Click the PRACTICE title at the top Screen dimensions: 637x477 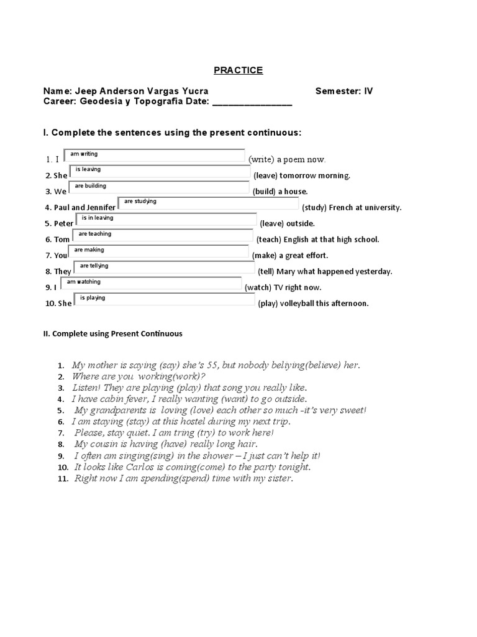[x=238, y=70]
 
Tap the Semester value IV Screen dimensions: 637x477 [x=368, y=91]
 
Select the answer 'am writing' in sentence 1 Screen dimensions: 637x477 [x=84, y=154]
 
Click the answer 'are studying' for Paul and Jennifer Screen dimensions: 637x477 [x=140, y=202]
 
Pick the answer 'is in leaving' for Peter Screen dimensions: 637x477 [x=94, y=218]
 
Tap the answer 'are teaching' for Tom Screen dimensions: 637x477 [x=95, y=234]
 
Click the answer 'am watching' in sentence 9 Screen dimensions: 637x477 [x=83, y=282]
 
